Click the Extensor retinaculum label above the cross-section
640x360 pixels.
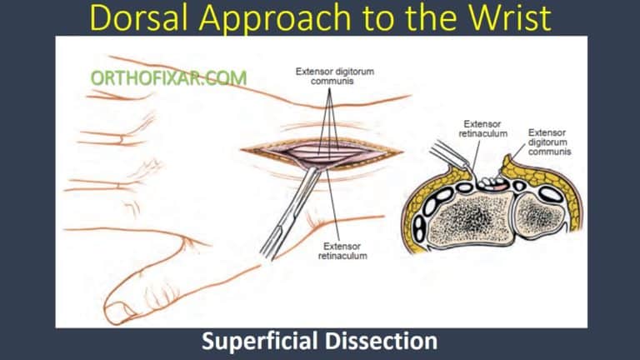point(483,130)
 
